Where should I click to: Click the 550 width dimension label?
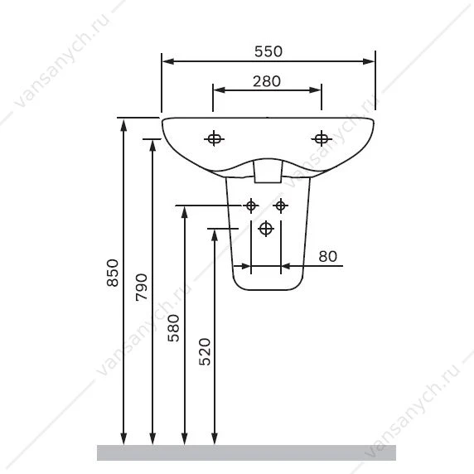tap(268, 51)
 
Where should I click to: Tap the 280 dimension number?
tap(267, 81)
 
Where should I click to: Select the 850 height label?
tap(113, 273)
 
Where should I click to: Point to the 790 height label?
tap(141, 287)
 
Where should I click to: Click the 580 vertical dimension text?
tap(173, 328)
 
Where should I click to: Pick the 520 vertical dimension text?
tap(205, 351)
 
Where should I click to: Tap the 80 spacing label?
tap(327, 256)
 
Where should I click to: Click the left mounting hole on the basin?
tap(214, 139)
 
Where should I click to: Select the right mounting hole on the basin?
tap(322, 139)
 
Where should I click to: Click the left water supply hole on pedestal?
tap(251, 206)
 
